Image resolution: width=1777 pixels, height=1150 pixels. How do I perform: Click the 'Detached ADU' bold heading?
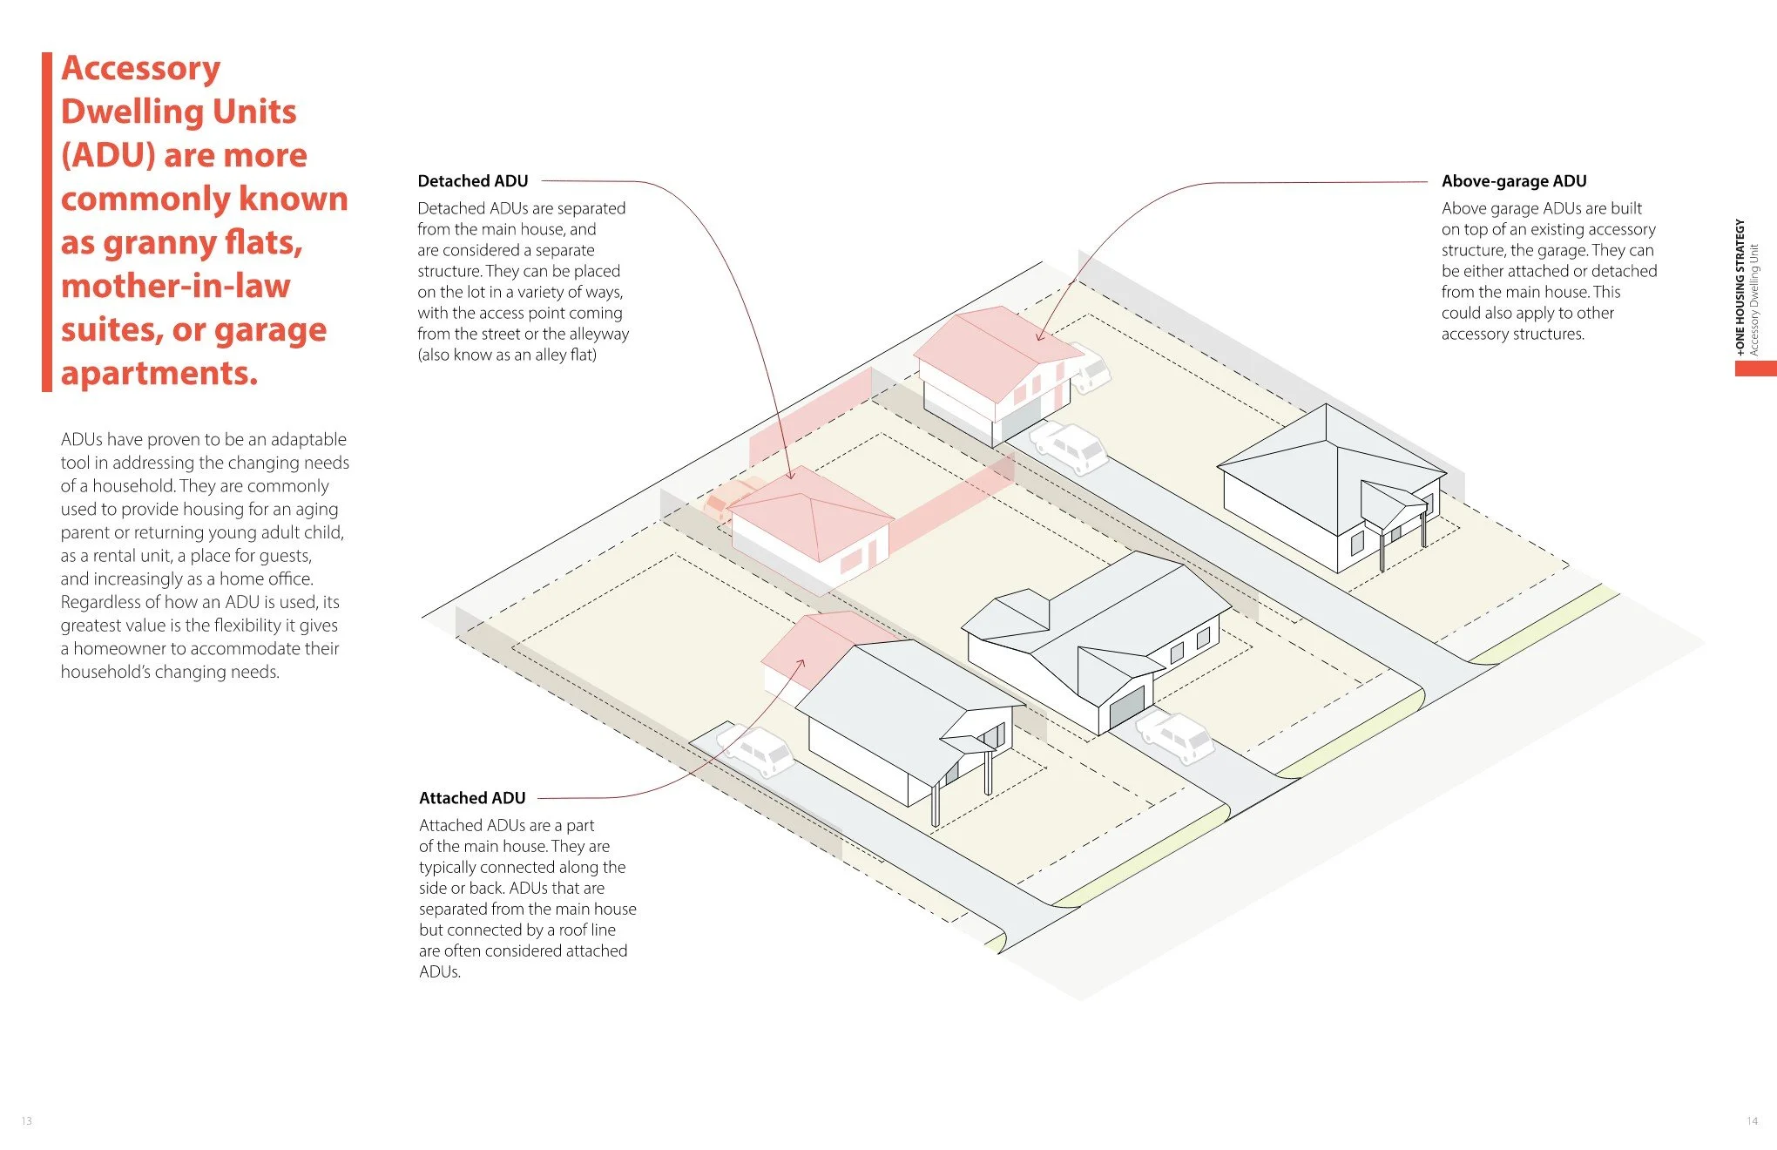[x=472, y=181]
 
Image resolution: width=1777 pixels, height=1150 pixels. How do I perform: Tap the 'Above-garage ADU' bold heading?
[x=1513, y=181]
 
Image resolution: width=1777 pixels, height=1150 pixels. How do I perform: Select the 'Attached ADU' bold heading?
[x=472, y=798]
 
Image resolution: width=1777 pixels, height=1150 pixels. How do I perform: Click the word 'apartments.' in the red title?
[x=159, y=373]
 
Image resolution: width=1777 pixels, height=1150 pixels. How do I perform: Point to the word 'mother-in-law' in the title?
[x=175, y=286]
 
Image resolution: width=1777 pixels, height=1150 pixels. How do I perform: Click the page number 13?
[x=26, y=1120]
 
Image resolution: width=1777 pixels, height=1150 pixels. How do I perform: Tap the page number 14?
[x=1752, y=1120]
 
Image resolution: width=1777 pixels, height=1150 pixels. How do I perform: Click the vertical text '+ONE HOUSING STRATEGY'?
[x=1740, y=287]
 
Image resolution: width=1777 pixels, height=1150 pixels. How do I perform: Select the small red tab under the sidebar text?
[x=1755, y=369]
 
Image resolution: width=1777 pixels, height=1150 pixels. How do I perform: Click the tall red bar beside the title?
[x=47, y=222]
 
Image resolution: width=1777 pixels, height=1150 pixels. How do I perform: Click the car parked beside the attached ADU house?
[x=756, y=750]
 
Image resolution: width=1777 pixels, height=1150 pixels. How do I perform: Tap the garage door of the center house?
[x=1126, y=707]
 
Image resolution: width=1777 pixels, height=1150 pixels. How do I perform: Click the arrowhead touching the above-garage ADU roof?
[x=1039, y=338]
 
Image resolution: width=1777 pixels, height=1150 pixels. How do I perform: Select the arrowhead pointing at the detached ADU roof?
[x=791, y=476]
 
